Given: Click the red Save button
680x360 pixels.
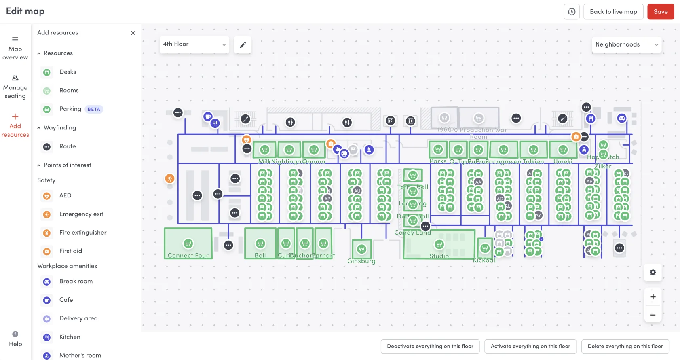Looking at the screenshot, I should tap(661, 12).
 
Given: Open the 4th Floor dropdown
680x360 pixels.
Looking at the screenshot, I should tap(194, 44).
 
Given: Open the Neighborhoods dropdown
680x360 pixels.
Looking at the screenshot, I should tap(626, 44).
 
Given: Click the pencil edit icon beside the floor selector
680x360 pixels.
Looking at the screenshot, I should tap(243, 45).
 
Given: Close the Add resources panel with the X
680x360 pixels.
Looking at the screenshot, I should tap(133, 33).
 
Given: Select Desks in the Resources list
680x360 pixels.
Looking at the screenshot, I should tap(67, 72).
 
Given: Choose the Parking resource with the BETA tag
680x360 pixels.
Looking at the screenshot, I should tap(70, 109).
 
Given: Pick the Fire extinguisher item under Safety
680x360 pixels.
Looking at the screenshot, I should tap(82, 233).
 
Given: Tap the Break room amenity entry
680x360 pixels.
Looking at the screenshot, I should tap(76, 282).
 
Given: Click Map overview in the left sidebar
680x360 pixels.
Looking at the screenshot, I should tap(15, 48).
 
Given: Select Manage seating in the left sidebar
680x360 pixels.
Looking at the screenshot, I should tap(15, 87).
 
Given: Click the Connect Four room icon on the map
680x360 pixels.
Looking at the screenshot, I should tap(188, 244).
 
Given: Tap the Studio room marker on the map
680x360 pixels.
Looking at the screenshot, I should tap(439, 244).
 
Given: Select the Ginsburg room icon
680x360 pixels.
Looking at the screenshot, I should tap(361, 249).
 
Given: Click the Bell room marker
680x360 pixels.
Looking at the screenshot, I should tap(260, 244).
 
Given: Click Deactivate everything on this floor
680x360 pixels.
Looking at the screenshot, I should tap(430, 346).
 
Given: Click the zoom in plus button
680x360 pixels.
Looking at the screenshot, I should tap(653, 297).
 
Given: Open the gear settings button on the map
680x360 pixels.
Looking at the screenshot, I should tap(653, 273).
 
